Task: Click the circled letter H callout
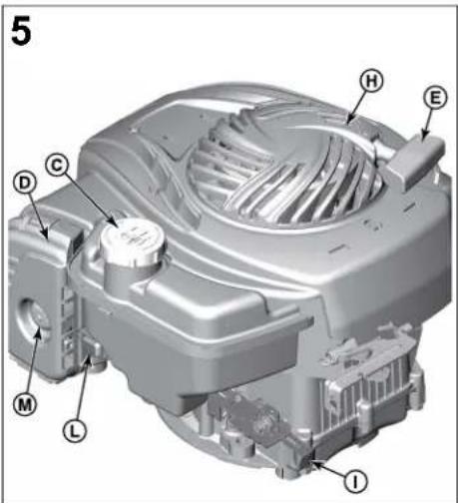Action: (x=371, y=81)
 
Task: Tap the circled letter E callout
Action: (x=435, y=98)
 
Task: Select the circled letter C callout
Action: (x=58, y=165)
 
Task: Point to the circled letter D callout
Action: (x=24, y=183)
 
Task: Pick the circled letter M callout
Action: (x=25, y=403)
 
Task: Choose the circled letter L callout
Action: (x=75, y=430)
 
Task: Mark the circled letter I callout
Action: (x=355, y=481)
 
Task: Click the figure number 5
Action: (x=21, y=32)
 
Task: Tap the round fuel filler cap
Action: (x=133, y=242)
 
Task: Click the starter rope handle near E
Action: (x=417, y=161)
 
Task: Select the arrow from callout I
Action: (x=327, y=468)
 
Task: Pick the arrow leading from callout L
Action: (x=83, y=389)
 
